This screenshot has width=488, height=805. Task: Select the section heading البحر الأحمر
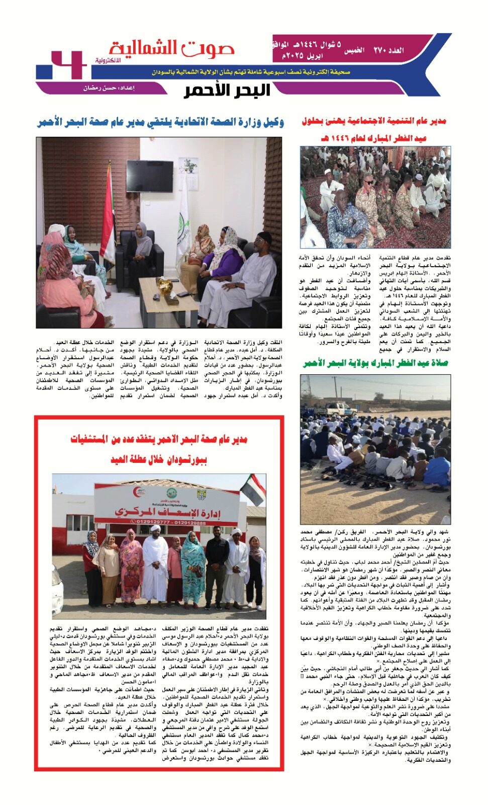(227, 91)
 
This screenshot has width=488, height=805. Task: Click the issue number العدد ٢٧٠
(388, 50)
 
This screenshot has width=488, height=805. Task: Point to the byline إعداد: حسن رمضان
(109, 88)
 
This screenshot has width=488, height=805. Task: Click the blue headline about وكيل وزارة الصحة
(160, 122)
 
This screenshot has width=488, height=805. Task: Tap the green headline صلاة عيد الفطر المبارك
(375, 363)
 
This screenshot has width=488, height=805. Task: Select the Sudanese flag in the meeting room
(108, 216)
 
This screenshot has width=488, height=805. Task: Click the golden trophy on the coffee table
(164, 287)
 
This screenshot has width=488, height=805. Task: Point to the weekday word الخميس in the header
(354, 51)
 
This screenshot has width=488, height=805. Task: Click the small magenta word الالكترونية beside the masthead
(108, 60)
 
